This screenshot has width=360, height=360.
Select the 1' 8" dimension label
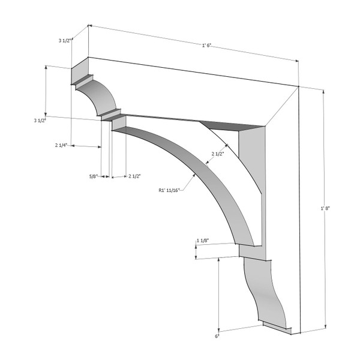[x=325, y=208]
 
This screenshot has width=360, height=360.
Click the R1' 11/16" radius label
[x=169, y=191]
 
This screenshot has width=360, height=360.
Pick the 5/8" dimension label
[x=93, y=176]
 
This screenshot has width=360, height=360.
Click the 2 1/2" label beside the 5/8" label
[x=134, y=176]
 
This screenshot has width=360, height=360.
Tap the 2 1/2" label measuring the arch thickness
[x=218, y=154]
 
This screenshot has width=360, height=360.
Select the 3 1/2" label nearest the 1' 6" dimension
[x=65, y=41]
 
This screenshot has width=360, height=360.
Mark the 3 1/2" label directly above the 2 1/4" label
[x=40, y=121]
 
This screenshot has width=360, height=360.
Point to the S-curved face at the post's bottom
[x=264, y=294]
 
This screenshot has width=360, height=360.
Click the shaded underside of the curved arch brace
[x=204, y=174]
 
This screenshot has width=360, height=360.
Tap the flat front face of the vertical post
[x=282, y=198]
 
